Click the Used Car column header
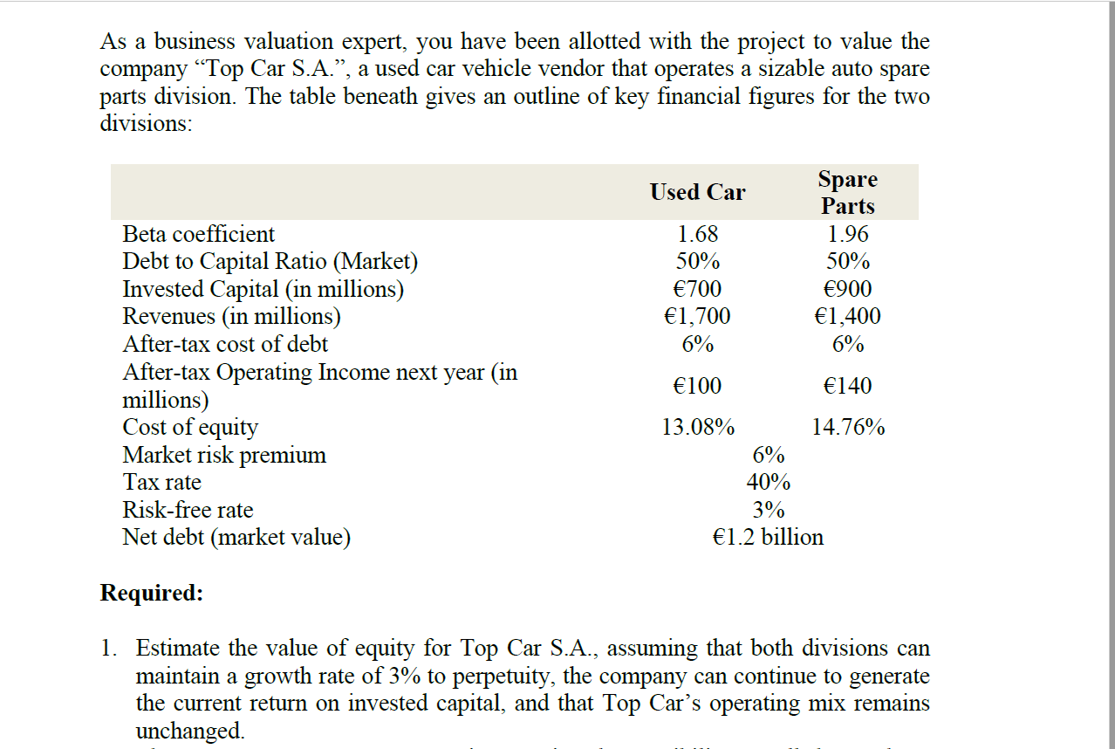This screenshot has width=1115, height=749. point(697,192)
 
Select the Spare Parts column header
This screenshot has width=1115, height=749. point(847,192)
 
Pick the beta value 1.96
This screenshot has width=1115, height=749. point(847,234)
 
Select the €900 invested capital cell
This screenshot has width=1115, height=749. point(847,289)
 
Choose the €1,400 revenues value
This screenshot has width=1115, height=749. point(847,316)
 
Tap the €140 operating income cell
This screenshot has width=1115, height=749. point(847,386)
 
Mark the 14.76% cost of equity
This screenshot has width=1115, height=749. point(847,428)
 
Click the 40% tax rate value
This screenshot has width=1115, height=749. point(768,482)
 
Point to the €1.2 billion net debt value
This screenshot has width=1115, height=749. point(768,537)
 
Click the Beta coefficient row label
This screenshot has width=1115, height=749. point(198,234)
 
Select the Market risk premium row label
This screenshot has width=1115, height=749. point(224,455)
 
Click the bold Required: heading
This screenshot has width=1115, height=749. point(152,594)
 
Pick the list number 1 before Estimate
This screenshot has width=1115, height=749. point(106,649)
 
